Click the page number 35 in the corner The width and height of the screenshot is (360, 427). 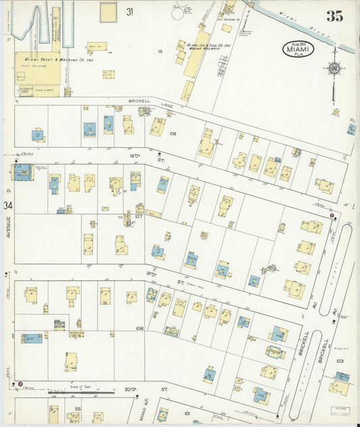(334, 16)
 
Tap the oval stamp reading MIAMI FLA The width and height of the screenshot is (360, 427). (298, 49)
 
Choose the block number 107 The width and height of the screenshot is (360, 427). (138, 217)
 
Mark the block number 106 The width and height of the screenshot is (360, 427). (140, 328)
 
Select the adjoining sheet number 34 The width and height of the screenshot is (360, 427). (7, 205)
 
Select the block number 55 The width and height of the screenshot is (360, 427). (78, 409)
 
